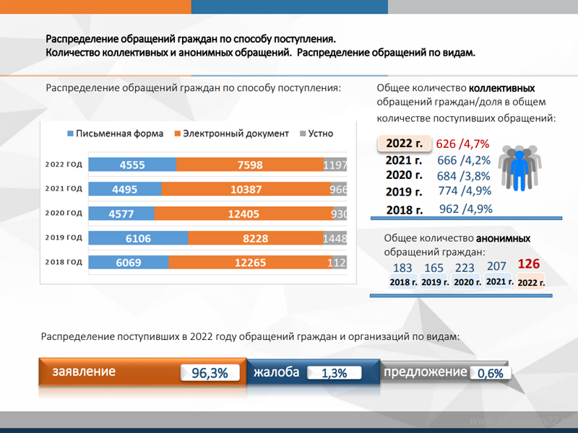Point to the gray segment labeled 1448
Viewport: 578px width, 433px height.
(x=337, y=238)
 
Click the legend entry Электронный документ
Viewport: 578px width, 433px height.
(x=230, y=134)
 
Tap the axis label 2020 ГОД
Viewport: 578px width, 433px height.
(x=64, y=214)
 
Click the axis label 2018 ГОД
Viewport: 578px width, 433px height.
(x=64, y=263)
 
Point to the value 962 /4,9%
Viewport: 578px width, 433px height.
(x=465, y=209)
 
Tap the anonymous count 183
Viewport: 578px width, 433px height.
(x=402, y=268)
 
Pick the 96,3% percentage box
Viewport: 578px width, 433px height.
(x=210, y=373)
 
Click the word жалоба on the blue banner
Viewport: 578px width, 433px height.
(x=276, y=372)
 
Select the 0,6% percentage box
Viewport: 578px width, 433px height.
(x=491, y=374)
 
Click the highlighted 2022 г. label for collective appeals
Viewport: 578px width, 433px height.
(x=404, y=143)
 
